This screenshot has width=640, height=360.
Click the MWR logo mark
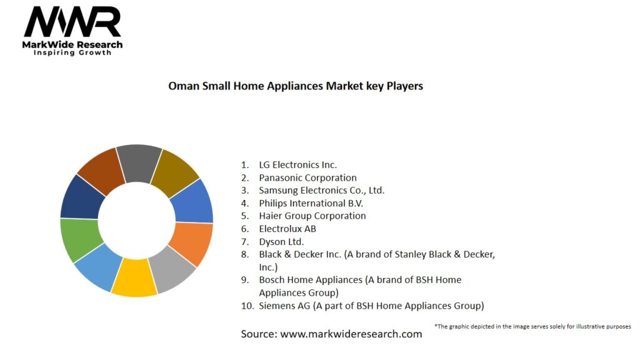pos(72,23)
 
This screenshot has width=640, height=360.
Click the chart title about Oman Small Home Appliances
pos(296,86)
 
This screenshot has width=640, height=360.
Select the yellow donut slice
pos(134,277)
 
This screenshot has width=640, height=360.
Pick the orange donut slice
pos(191,243)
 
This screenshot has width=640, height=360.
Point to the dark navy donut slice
pos(82,196)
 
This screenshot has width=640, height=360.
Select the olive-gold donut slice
pos(175,169)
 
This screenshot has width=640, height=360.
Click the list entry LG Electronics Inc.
pos(297,164)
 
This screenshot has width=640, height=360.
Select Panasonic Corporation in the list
pos(307,177)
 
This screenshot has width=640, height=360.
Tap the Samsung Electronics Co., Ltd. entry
pos(321,190)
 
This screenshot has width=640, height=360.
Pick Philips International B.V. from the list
pos(311,203)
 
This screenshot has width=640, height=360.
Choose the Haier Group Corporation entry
pos(312,216)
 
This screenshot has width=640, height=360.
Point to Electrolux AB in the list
pos(287,229)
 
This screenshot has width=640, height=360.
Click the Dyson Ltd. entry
pos(281,241)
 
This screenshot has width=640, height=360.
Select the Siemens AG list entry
pos(371,306)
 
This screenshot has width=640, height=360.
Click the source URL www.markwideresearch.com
pos(351,334)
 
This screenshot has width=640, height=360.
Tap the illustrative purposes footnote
pos(532,326)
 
